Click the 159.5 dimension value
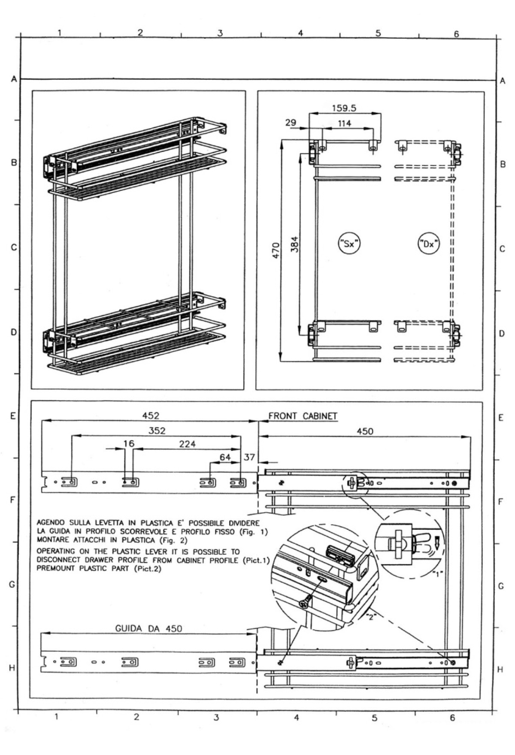(344, 108)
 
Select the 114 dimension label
(344, 124)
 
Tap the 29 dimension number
(291, 123)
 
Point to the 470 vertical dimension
(276, 250)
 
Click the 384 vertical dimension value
(294, 244)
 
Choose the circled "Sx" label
(348, 244)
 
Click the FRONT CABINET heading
(303, 416)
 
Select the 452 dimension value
(151, 415)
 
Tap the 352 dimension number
(157, 431)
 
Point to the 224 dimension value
(187, 444)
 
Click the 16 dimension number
(128, 444)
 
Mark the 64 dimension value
(225, 457)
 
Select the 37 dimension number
(249, 457)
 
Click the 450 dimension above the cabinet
(365, 431)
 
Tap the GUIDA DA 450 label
(148, 628)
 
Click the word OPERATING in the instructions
(56, 551)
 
